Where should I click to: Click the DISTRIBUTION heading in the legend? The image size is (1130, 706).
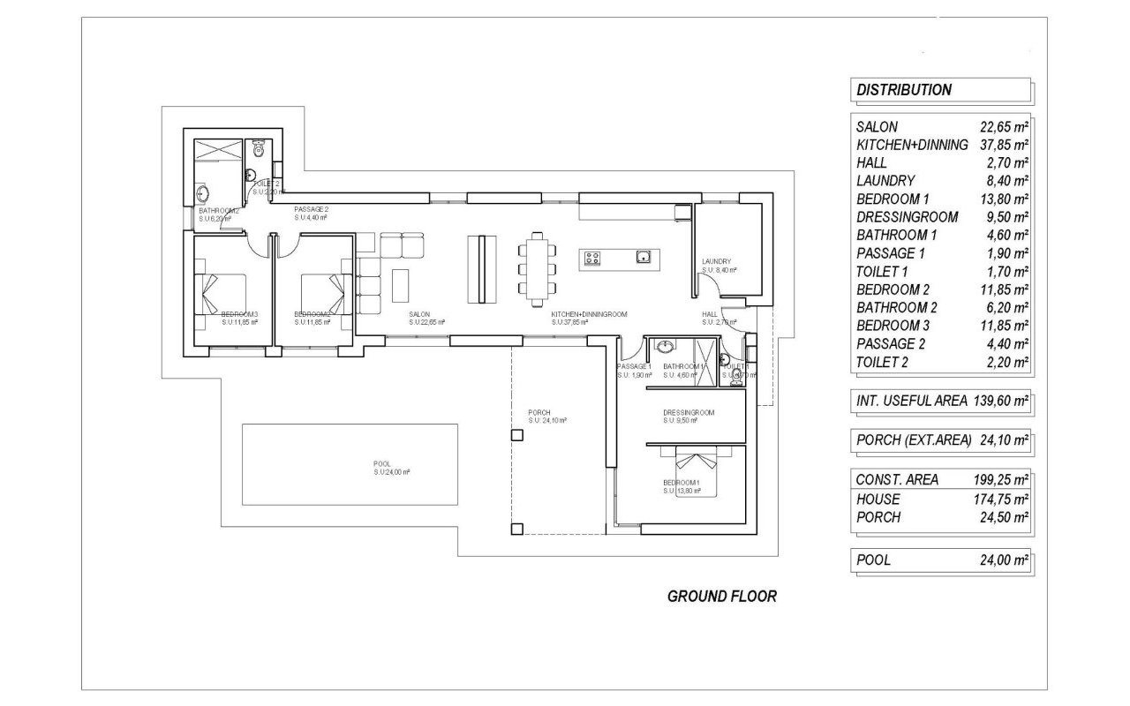tap(904, 89)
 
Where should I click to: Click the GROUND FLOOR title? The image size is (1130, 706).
tap(721, 597)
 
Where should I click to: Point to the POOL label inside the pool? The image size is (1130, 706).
tap(381, 463)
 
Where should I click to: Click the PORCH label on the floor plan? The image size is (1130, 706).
tap(539, 412)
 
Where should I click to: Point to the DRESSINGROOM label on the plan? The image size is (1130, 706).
tap(689, 412)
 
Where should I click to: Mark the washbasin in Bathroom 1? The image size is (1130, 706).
tap(664, 346)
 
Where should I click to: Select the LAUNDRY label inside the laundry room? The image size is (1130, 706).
tap(716, 262)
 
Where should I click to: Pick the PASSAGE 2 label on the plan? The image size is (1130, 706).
tap(311, 209)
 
